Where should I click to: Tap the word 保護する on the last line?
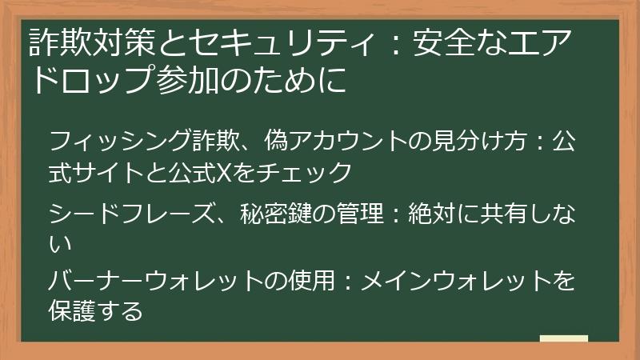(95, 310)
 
